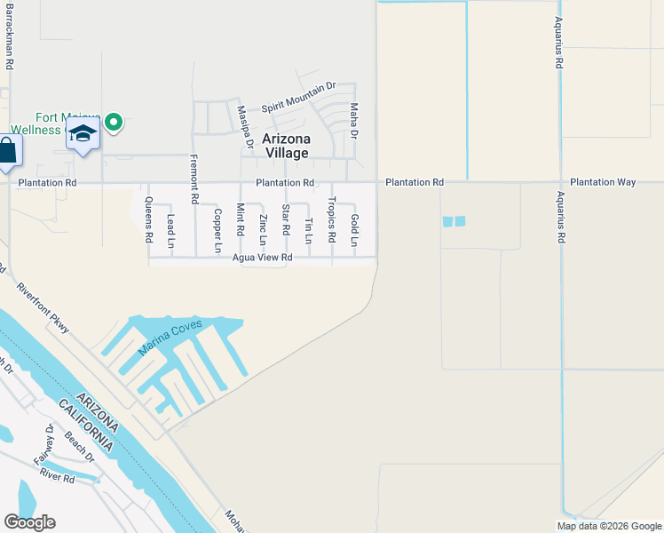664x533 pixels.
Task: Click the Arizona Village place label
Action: click(285, 146)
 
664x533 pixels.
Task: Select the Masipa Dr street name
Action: click(245, 127)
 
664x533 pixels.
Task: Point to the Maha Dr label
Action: click(353, 122)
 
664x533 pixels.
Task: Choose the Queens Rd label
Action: click(148, 220)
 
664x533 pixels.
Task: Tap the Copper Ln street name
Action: click(217, 230)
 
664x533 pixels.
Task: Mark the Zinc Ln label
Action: click(263, 229)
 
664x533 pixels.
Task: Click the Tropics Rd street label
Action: click(332, 220)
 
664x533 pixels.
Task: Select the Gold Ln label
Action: click(354, 230)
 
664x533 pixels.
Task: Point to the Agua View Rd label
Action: click(263, 258)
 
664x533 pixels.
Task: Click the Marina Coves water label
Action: click(170, 338)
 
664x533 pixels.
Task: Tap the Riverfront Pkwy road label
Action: click(42, 308)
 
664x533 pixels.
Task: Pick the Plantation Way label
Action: click(603, 182)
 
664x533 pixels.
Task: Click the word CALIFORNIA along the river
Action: click(86, 424)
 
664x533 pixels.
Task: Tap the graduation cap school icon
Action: click(83, 134)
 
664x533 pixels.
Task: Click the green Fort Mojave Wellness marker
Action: click(114, 123)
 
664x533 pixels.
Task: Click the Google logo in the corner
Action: click(29, 522)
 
